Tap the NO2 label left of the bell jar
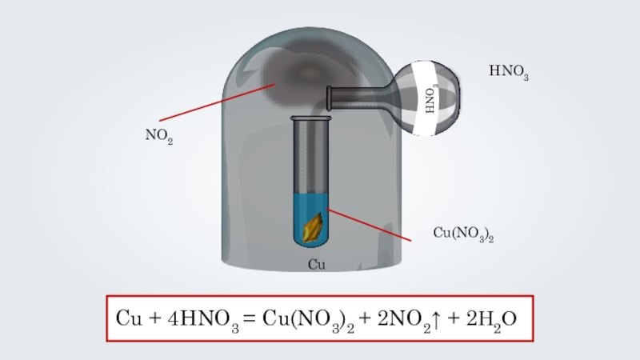[x=158, y=137]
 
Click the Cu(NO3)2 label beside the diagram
[x=462, y=234]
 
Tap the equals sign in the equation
[x=249, y=318]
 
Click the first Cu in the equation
[x=128, y=318]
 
